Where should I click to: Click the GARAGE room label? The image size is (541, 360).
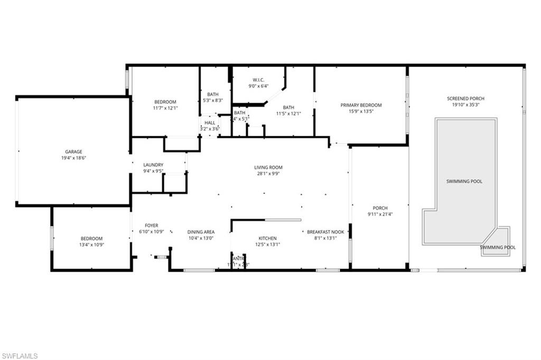(73, 152)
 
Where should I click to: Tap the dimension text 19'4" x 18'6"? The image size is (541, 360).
(73, 158)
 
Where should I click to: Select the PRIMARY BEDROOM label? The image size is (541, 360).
(361, 105)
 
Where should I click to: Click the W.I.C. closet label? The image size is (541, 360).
(258, 79)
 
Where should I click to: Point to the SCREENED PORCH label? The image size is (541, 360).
(465, 98)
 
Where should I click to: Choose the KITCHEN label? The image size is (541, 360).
(267, 238)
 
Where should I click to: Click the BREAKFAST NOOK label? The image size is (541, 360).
(325, 232)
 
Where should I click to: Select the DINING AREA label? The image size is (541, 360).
(201, 232)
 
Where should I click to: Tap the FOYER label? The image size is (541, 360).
(151, 226)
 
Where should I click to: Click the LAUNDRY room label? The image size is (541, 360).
(153, 165)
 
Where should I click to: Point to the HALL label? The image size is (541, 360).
(210, 123)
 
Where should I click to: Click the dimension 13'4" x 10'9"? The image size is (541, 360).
(91, 245)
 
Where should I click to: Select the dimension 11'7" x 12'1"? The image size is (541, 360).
(165, 108)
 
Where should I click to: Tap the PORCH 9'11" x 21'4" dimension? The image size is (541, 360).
(380, 214)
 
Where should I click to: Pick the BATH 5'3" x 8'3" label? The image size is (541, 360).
(213, 94)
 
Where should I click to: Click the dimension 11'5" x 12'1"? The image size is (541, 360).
(288, 113)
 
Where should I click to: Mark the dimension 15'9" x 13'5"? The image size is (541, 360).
(361, 112)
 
